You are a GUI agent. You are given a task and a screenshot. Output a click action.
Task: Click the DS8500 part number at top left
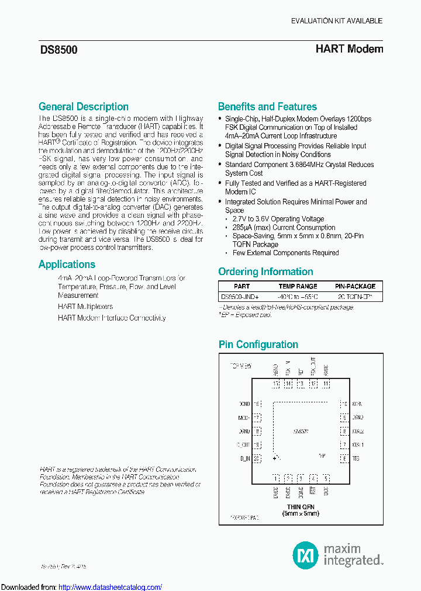tap(58, 50)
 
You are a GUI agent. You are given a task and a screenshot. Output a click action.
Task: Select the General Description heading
tap(84, 107)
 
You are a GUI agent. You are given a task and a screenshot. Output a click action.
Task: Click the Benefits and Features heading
tap(267, 107)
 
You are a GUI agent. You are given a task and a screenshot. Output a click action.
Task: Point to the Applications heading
tap(67, 265)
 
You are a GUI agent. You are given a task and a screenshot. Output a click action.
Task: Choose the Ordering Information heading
tap(265, 272)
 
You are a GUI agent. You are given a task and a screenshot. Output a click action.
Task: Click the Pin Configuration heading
tap(258, 345)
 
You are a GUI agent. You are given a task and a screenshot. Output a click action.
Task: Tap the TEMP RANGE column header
tap(298, 286)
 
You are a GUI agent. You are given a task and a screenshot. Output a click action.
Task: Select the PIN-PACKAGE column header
tap(355, 286)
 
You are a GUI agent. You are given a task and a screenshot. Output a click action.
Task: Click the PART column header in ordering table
tap(241, 286)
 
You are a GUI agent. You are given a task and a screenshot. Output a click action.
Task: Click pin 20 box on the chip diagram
tap(257, 458)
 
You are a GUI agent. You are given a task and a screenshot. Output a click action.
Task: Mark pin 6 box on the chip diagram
tap(344, 458)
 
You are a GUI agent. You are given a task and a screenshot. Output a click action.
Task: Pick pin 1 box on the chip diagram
tap(275, 478)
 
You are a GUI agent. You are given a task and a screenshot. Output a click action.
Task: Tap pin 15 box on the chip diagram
tap(275, 384)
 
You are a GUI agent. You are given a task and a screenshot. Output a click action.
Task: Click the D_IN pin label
tap(244, 458)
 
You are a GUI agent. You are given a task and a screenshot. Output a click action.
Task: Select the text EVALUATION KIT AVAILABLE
tap(337, 21)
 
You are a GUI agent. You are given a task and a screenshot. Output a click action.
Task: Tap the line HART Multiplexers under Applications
tap(85, 307)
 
